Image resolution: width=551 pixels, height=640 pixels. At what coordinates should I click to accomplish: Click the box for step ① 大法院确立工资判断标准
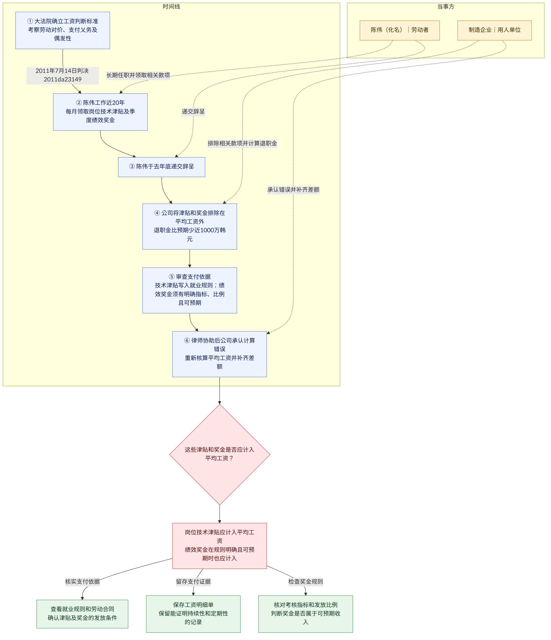click(63, 30)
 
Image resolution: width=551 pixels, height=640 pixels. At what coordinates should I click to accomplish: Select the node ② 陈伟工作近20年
click(100, 112)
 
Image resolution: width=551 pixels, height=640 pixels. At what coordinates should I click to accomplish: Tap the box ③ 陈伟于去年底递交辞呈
click(161, 167)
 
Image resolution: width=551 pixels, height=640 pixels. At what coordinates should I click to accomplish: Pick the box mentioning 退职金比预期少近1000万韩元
click(190, 226)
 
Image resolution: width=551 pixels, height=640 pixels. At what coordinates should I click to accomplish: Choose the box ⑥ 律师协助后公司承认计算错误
click(220, 354)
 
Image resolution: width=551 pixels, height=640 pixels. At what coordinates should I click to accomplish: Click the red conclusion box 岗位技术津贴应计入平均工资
click(220, 546)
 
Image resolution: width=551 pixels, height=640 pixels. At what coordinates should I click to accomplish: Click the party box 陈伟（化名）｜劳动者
click(400, 30)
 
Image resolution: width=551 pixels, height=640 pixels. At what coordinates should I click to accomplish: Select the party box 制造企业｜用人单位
click(494, 30)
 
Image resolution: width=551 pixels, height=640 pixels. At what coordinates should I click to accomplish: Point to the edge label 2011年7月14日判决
click(63, 75)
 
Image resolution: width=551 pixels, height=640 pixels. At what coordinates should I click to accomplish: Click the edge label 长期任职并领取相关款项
click(138, 75)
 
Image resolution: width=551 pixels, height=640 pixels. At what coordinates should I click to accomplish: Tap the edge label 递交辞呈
click(193, 111)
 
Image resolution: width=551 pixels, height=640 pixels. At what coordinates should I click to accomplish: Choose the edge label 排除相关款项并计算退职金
click(242, 143)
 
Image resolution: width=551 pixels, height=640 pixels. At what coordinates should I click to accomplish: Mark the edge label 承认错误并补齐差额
click(293, 190)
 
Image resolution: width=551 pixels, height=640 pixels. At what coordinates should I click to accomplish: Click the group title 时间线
click(171, 7)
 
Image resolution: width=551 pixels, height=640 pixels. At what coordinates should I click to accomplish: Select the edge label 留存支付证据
click(193, 582)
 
